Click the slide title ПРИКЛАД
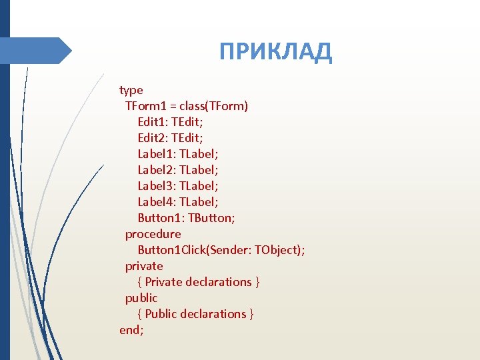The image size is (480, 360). tap(275, 51)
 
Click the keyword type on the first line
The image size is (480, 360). tap(131, 90)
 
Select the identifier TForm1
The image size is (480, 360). tap(145, 106)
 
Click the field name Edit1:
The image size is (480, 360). tap(153, 122)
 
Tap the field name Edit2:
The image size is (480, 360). tap(153, 138)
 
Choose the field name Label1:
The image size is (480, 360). tap(157, 154)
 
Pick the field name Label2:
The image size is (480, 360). tap(157, 170)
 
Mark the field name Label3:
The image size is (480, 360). tap(157, 186)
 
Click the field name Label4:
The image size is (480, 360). tap(157, 202)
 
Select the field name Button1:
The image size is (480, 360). tap(161, 218)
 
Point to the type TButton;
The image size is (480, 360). tap(211, 218)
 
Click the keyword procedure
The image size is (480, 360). tap(153, 234)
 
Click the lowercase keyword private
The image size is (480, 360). tap(144, 266)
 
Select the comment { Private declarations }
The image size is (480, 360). tap(199, 282)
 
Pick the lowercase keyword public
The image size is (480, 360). tap(141, 298)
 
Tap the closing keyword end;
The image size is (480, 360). tap(131, 330)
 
